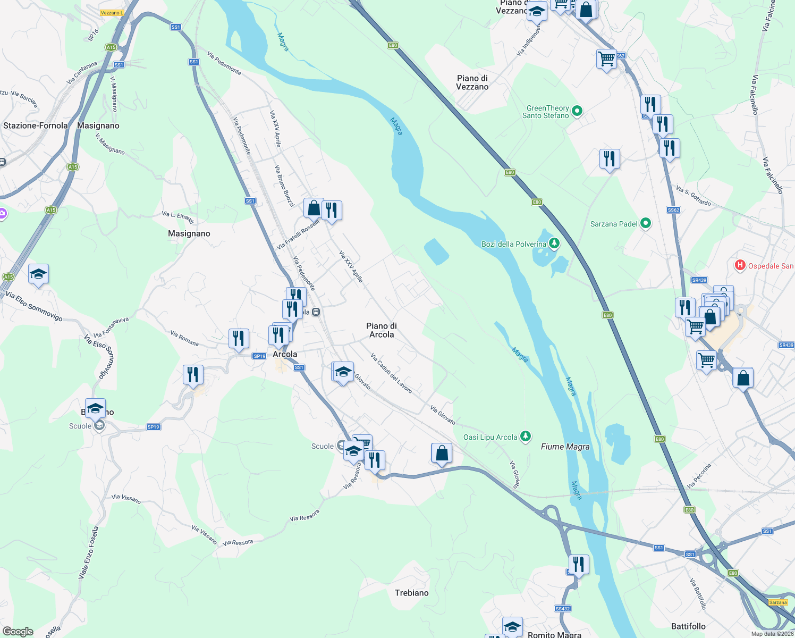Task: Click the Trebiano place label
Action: click(x=411, y=593)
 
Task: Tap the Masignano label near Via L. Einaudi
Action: click(x=189, y=233)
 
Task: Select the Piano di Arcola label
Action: click(x=381, y=330)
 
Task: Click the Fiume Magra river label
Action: click(x=565, y=447)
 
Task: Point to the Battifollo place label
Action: click(x=688, y=626)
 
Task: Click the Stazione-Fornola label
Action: click(x=36, y=125)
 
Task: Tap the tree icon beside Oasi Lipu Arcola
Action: click(x=526, y=436)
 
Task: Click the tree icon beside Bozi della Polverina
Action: click(x=554, y=244)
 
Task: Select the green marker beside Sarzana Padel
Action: click(x=646, y=223)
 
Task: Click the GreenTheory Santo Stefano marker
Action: click(x=577, y=111)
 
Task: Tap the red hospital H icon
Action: click(x=740, y=265)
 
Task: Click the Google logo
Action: click(x=18, y=632)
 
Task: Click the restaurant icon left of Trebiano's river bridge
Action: click(x=578, y=564)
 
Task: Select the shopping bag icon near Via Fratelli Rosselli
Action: click(x=314, y=208)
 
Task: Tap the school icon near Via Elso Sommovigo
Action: click(x=38, y=274)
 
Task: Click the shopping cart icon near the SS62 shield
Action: click(x=606, y=58)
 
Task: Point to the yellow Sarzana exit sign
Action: click(x=777, y=602)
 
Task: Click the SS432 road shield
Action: click(x=562, y=609)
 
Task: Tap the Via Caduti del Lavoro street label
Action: click(x=392, y=373)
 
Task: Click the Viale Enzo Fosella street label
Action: click(x=89, y=553)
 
